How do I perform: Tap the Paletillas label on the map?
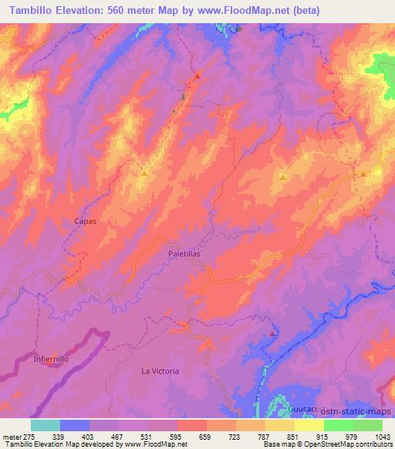point(184,252)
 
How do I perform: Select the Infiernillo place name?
point(53,360)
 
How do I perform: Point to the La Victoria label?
point(160,371)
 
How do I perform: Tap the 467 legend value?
point(118,436)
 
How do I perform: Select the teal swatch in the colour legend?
point(46,425)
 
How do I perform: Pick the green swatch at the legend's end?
point(368,425)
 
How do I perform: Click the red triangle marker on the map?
point(197,76)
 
